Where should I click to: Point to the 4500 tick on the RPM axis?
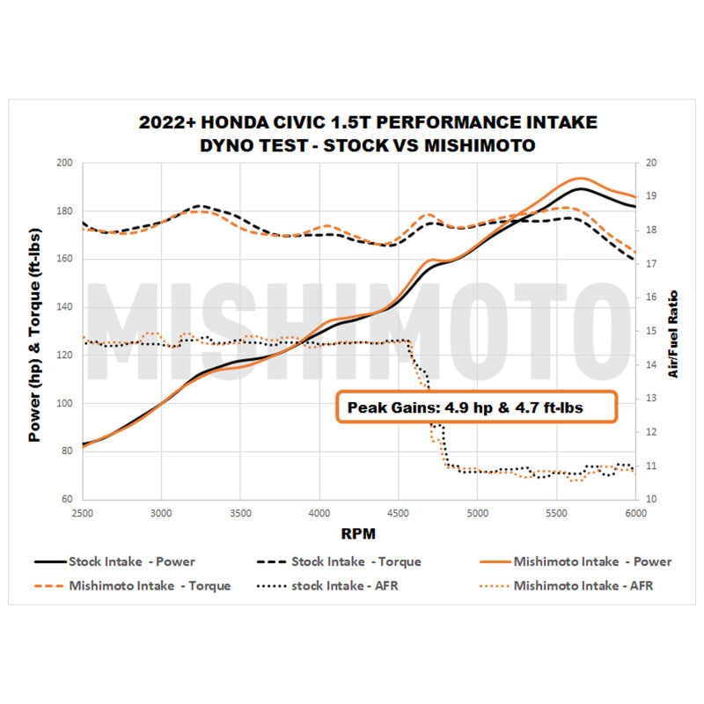[398, 512]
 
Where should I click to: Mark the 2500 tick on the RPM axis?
[82, 512]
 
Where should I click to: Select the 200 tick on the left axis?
[64, 163]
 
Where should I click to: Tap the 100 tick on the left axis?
[64, 404]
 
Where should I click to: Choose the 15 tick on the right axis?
[651, 331]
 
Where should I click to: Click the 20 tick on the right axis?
[651, 163]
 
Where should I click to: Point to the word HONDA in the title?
[275, 122]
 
